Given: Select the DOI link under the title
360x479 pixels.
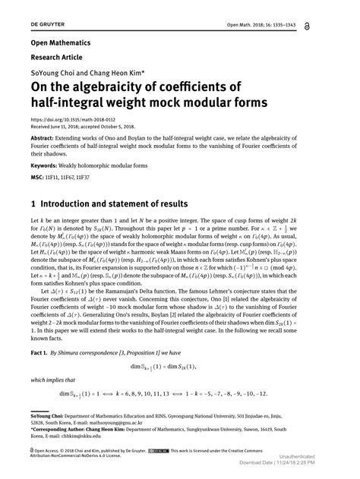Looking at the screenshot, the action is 71,120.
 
